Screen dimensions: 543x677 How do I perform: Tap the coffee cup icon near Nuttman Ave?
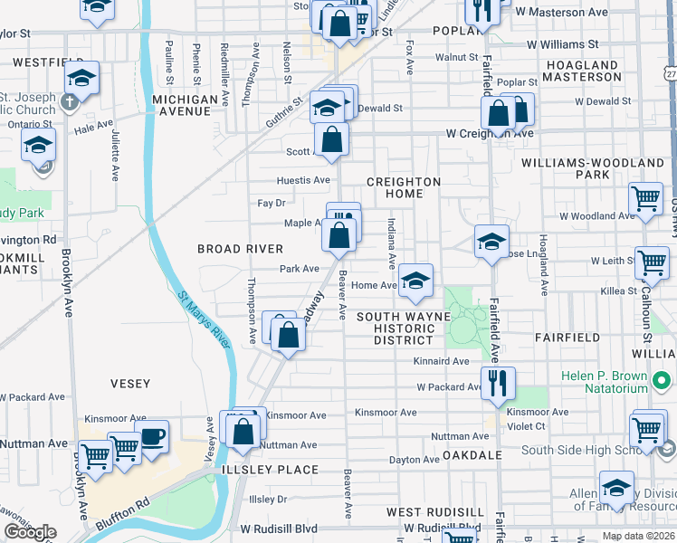pos(151,436)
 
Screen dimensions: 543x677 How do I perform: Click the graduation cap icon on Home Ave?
pos(415,281)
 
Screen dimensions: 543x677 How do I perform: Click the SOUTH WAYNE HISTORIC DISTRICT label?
pos(404,328)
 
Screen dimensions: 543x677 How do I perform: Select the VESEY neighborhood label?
pos(130,384)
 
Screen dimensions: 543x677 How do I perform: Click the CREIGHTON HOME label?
pos(403,187)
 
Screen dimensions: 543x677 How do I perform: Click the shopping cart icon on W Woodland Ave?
pos(645,198)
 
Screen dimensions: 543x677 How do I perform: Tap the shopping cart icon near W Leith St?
pos(652,262)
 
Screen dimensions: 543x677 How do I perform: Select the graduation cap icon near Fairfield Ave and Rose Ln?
pos(491,242)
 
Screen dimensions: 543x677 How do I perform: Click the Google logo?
pos(30,532)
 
